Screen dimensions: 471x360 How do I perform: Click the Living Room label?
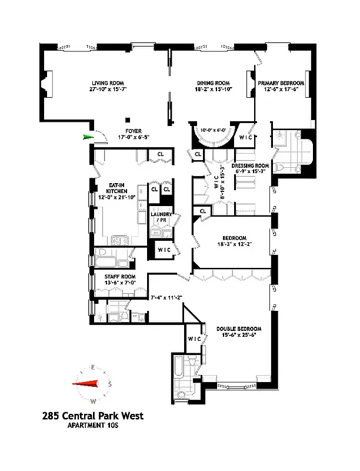point(106,83)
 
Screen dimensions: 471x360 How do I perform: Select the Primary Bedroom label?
point(281,83)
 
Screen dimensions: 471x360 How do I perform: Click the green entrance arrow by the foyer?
point(89,137)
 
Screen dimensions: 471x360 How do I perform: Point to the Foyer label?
point(135,131)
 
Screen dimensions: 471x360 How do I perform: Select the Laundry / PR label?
point(161,218)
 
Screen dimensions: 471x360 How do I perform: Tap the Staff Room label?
point(120,276)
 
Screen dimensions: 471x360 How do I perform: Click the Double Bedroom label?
point(238,329)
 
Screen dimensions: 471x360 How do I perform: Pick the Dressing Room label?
point(251,166)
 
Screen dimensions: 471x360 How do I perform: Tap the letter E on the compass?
point(92,367)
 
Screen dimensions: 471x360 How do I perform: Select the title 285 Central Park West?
point(92,416)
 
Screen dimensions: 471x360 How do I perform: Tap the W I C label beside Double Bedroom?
point(195,339)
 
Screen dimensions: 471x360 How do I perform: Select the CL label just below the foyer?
point(159,154)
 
